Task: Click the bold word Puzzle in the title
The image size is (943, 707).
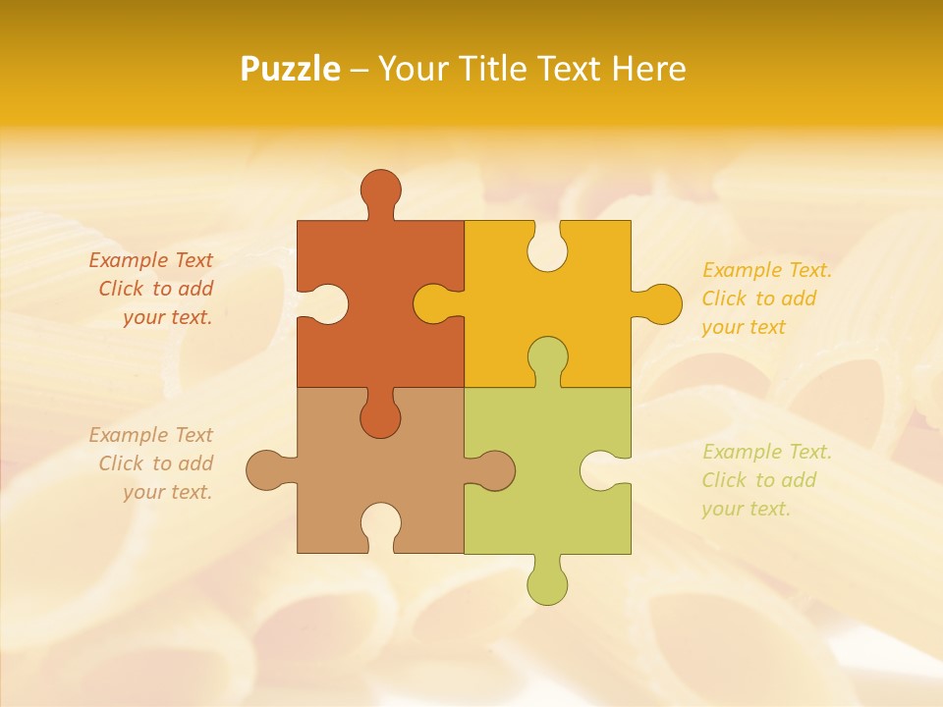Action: (x=291, y=69)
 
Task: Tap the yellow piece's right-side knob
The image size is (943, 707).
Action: (x=660, y=303)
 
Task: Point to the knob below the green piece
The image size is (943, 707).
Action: (x=547, y=584)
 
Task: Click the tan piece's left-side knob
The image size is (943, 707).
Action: (x=266, y=470)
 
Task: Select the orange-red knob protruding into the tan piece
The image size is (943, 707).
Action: (x=380, y=417)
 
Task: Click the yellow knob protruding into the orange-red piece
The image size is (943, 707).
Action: (x=433, y=303)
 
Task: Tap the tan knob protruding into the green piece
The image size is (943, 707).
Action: (x=494, y=470)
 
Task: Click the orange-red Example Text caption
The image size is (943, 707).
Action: (x=152, y=289)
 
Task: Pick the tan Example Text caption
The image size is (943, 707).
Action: (x=152, y=463)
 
